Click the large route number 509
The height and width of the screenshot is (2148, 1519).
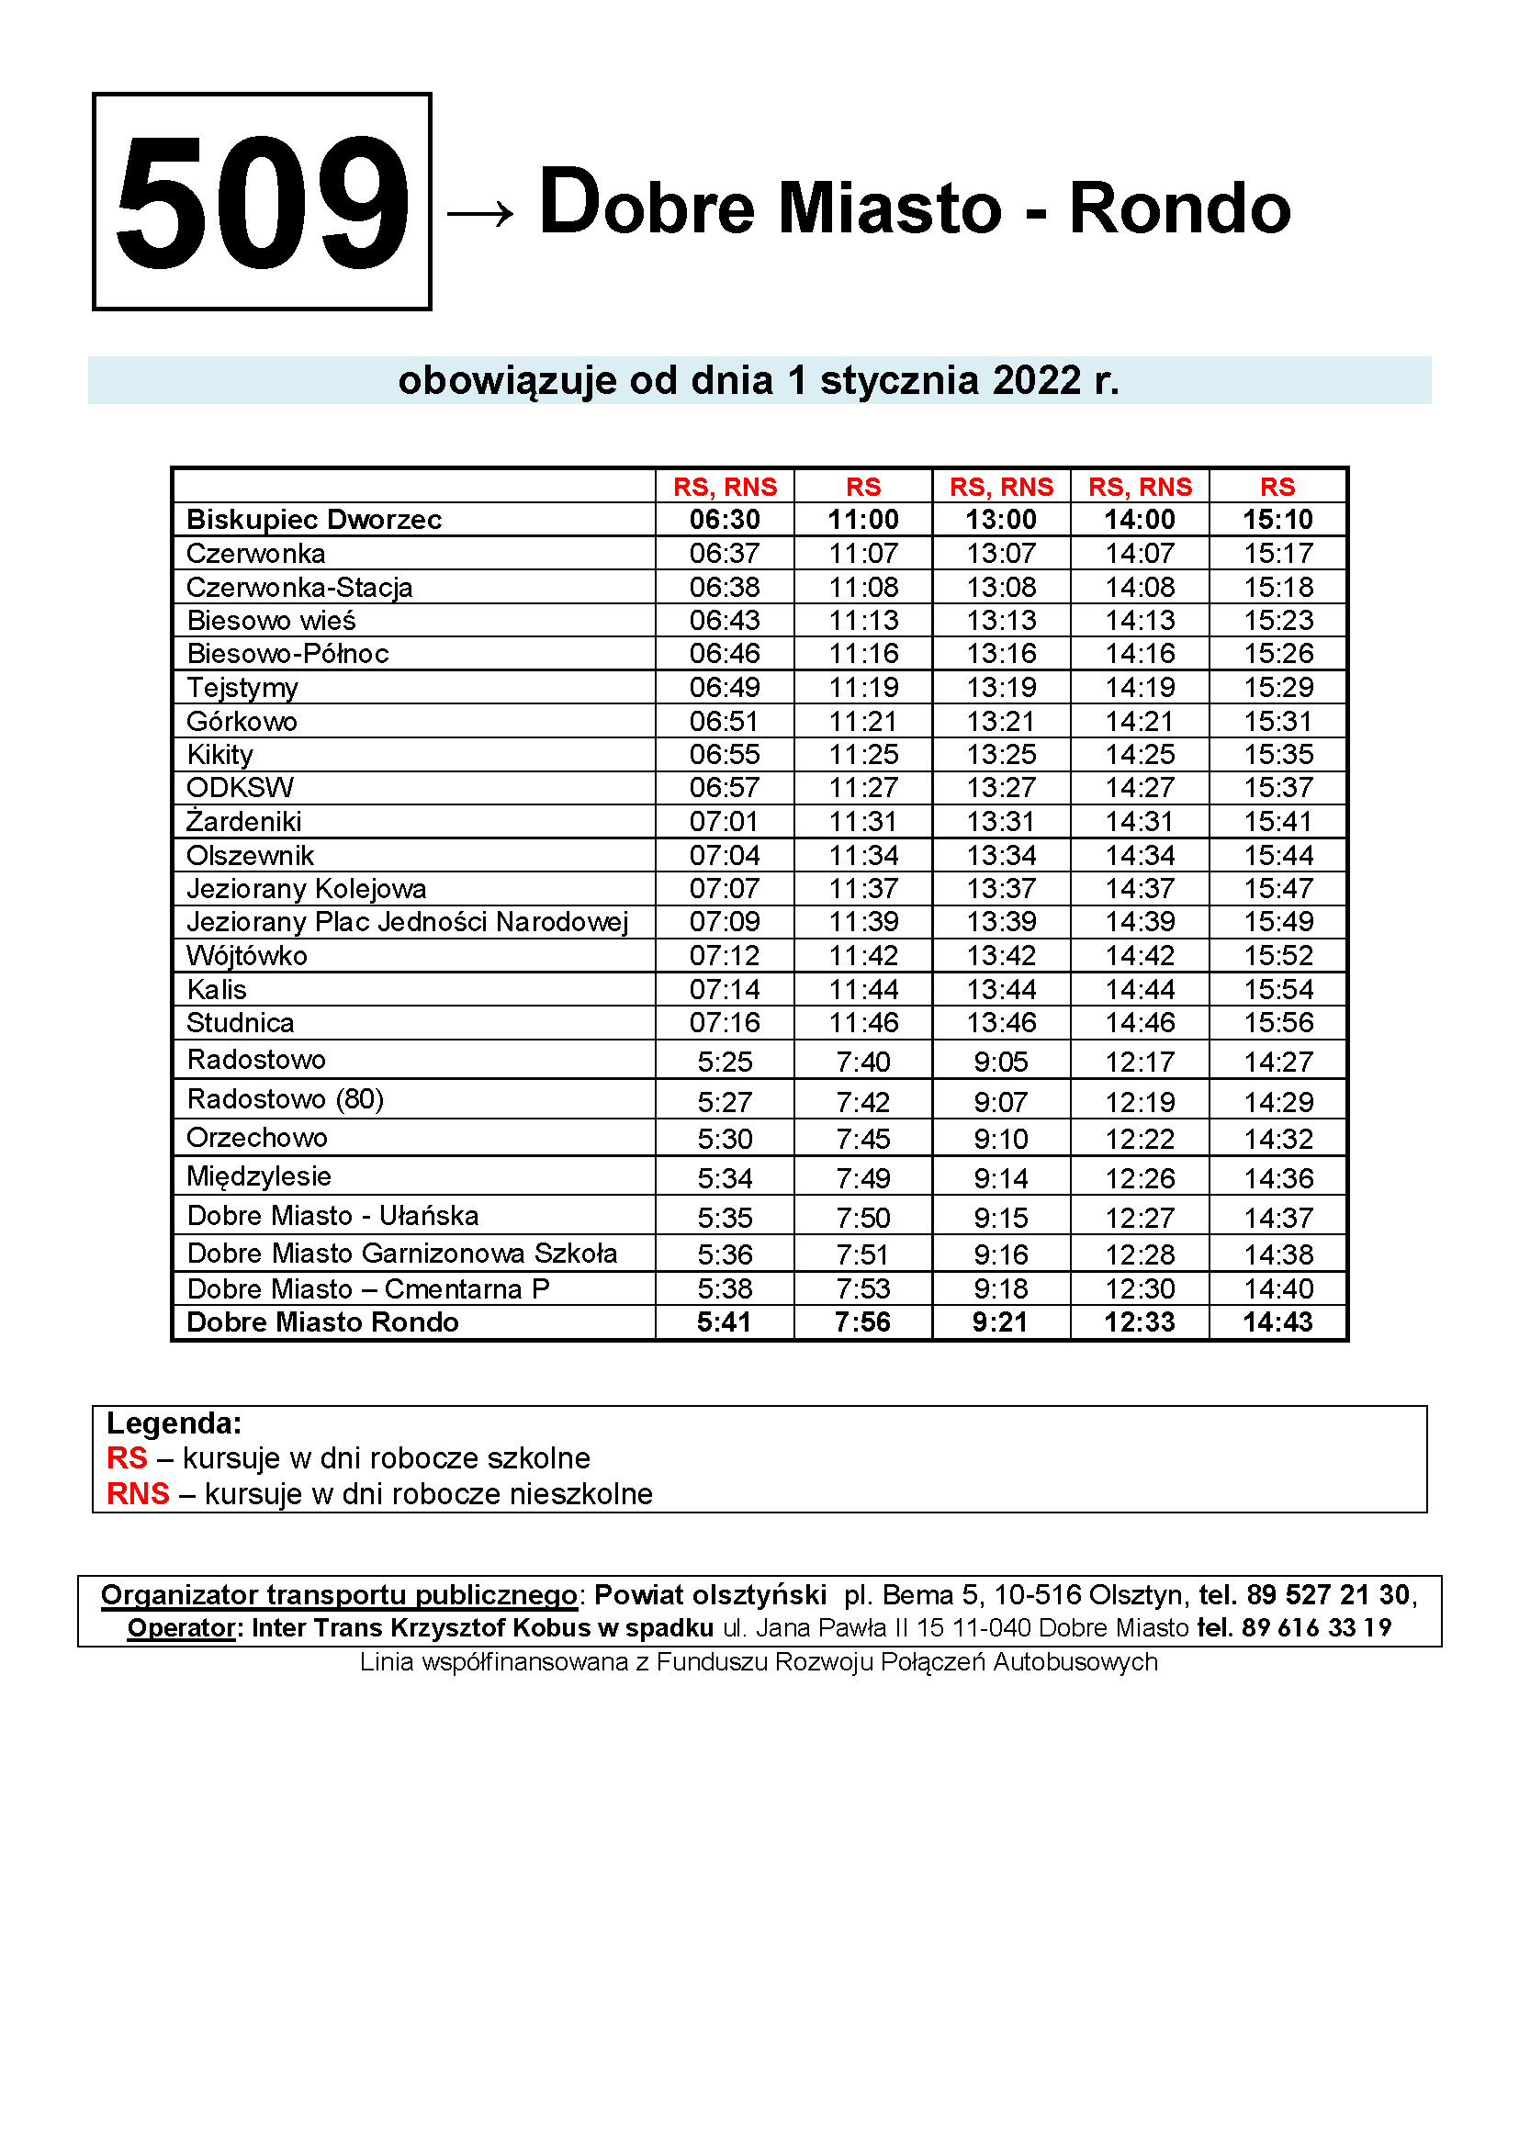pyautogui.click(x=261, y=202)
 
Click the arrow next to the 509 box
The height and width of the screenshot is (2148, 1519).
pyautogui.click(x=479, y=214)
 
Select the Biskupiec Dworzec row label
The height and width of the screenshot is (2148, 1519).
pyautogui.click(x=313, y=519)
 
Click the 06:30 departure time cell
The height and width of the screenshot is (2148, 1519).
pyautogui.click(x=724, y=519)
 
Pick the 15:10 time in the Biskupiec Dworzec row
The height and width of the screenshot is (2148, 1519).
pyautogui.click(x=1277, y=519)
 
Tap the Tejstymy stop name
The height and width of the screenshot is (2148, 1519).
pyautogui.click(x=242, y=688)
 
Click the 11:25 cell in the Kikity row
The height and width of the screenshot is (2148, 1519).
pyautogui.click(x=862, y=754)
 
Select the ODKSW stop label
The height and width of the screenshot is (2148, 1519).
pyautogui.click(x=240, y=788)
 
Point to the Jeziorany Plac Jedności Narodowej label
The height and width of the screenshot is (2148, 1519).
pyautogui.click(x=407, y=922)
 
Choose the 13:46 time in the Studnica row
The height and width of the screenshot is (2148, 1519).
pyautogui.click(x=1001, y=1022)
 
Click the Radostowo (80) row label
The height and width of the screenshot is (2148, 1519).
pyautogui.click(x=286, y=1099)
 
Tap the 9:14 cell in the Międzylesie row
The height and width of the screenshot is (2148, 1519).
pyautogui.click(x=1001, y=1179)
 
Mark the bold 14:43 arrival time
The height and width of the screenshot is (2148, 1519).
pyautogui.click(x=1277, y=1321)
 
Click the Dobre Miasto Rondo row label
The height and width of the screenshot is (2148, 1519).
pyautogui.click(x=322, y=1321)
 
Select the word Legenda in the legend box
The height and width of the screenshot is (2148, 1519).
pyautogui.click(x=173, y=1423)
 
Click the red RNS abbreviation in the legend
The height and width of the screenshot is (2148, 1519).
pyautogui.click(x=138, y=1494)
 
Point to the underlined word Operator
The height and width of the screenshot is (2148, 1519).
pyautogui.click(x=181, y=1628)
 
